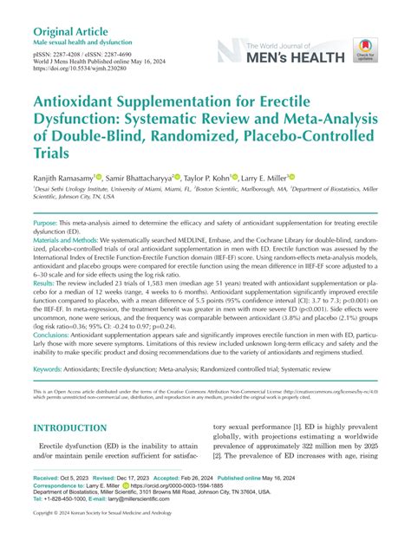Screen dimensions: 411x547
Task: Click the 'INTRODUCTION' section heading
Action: [x=69, y=428]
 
